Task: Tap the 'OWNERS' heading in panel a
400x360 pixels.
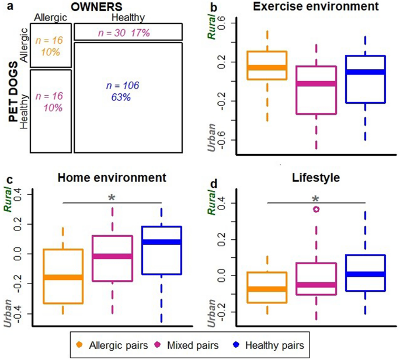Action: tap(94, 7)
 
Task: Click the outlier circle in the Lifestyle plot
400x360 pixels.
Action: tap(316, 209)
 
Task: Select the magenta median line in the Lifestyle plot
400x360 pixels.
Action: tap(316, 285)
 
